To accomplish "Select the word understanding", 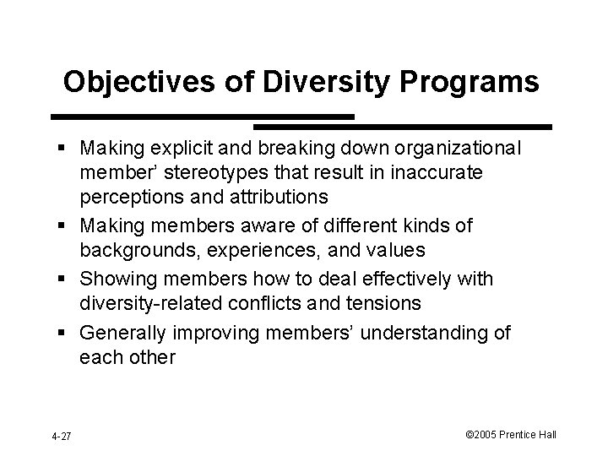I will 416,332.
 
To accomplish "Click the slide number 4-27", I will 61,436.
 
